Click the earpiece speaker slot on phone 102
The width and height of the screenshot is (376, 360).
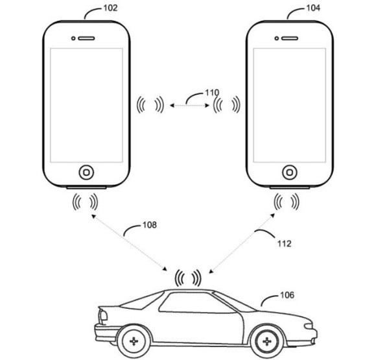(86, 37)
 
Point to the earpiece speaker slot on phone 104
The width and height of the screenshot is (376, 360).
(289, 37)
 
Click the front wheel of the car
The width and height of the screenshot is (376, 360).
(265, 340)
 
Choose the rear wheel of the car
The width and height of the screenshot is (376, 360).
(134, 340)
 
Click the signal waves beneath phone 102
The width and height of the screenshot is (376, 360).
(85, 202)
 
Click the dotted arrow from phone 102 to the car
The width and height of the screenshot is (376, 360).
(130, 243)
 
